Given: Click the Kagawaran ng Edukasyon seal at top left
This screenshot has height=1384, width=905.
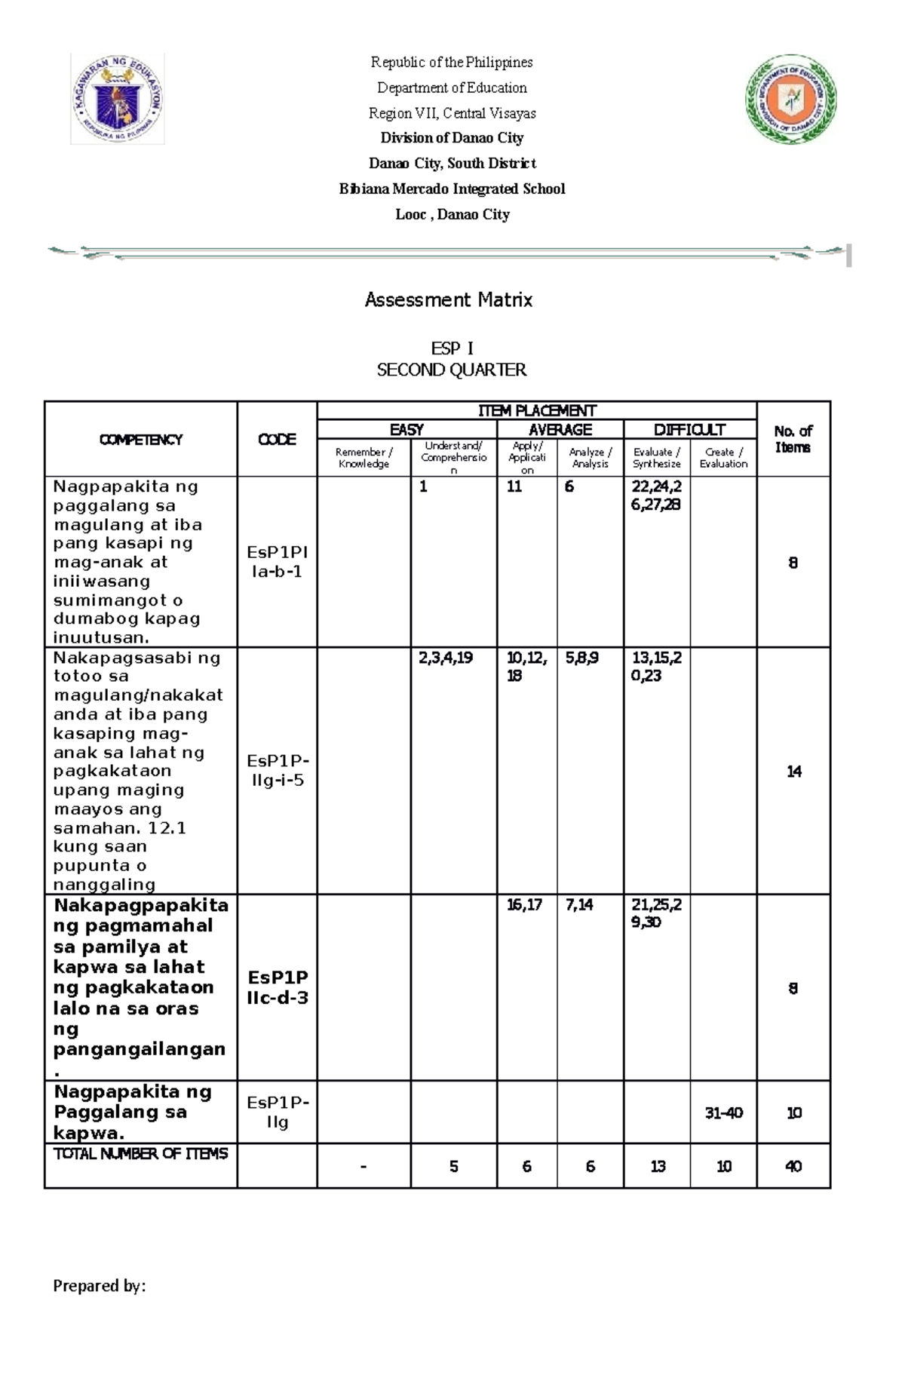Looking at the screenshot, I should (x=118, y=99).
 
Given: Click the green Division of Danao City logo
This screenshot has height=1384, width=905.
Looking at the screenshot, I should (x=790, y=99).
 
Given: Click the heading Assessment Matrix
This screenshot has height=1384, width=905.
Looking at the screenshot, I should (x=449, y=300).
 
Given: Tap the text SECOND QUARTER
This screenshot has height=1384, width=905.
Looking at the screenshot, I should (x=452, y=370).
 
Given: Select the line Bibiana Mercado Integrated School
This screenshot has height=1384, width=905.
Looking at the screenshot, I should (x=452, y=189).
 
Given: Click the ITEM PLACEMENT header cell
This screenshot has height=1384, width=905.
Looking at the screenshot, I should (x=536, y=410).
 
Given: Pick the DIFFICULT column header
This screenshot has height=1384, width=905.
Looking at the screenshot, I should (x=689, y=430).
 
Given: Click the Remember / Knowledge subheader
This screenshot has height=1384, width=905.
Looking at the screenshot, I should (x=364, y=458).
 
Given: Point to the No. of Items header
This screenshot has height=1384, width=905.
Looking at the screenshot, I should (x=793, y=439).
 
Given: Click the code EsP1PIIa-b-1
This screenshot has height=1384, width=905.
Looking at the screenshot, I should (x=277, y=562).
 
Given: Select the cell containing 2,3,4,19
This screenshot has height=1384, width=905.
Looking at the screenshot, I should (x=446, y=658).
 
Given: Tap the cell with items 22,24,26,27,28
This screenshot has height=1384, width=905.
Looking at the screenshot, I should (x=656, y=496).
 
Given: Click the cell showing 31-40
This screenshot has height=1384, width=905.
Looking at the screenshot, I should (x=723, y=1113).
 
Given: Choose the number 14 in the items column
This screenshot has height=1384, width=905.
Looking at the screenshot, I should (x=793, y=772).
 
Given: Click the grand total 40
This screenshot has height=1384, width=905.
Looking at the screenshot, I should (x=793, y=1167).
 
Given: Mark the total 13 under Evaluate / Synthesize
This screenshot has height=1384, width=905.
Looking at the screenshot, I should (x=658, y=1167).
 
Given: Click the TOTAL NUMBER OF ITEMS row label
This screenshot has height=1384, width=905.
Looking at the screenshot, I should (x=140, y=1154).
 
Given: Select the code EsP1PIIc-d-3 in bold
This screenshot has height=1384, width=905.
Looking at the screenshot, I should (x=277, y=988).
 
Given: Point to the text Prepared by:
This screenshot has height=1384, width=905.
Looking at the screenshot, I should (x=99, y=1286).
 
